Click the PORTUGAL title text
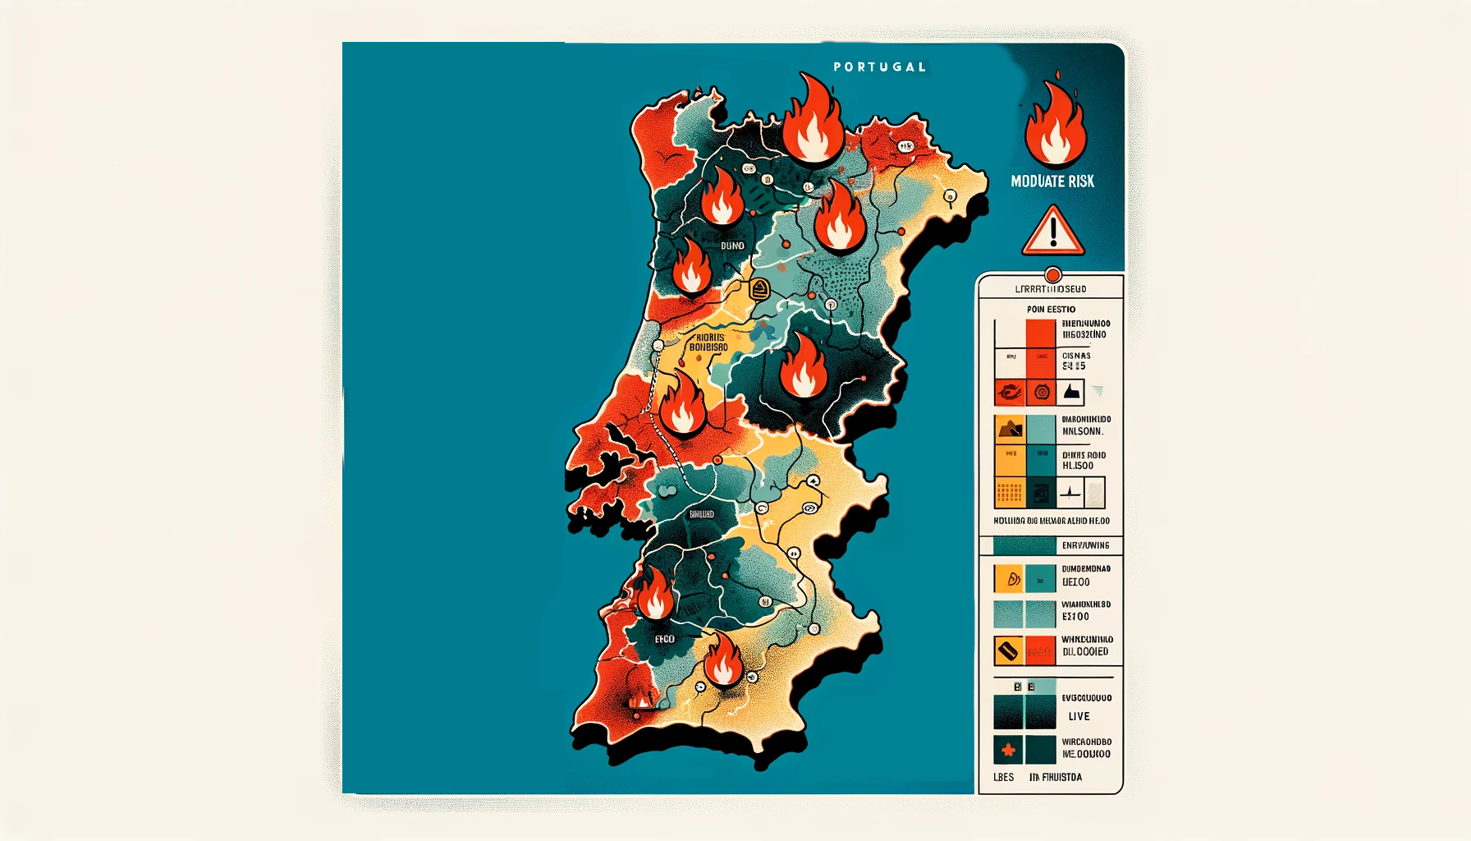(x=879, y=67)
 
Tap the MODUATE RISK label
(x=1052, y=182)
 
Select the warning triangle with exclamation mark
(x=1052, y=232)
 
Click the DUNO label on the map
(x=732, y=246)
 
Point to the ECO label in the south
(x=664, y=639)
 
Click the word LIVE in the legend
(x=1079, y=716)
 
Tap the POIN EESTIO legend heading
(x=1051, y=310)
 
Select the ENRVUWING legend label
(x=1085, y=545)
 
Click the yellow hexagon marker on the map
(x=760, y=288)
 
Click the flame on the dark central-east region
(x=803, y=367)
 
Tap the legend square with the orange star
(x=1008, y=751)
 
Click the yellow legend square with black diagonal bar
(x=1008, y=651)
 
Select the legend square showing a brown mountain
(x=1010, y=429)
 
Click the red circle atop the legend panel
(x=1052, y=275)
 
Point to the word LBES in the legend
(x=1003, y=777)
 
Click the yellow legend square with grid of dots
(x=1010, y=493)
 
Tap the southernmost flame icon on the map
(x=722, y=659)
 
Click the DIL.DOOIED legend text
(x=1085, y=652)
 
